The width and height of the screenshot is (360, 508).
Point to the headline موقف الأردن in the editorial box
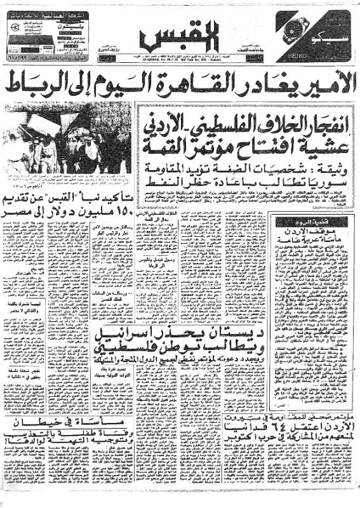pyautogui.click(x=305, y=231)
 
